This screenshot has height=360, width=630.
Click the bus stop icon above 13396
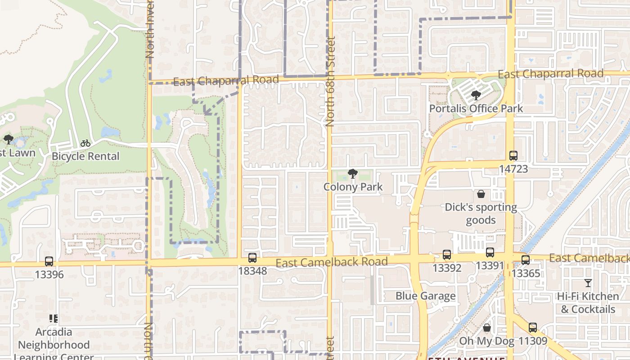tap(49, 261)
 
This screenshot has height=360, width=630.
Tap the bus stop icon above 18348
tap(252, 258)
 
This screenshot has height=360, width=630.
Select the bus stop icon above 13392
tap(447, 255)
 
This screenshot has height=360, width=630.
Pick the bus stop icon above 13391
tap(490, 252)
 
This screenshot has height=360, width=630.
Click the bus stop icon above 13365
tap(526, 260)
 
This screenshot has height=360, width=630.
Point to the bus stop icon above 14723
tap(513, 156)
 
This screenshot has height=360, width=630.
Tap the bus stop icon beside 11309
tap(533, 328)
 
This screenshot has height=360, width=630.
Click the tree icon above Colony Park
tap(353, 174)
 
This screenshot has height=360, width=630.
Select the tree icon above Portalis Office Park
tap(476, 95)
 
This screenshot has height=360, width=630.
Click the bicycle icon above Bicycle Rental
tap(85, 144)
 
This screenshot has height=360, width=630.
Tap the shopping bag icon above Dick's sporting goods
tap(481, 194)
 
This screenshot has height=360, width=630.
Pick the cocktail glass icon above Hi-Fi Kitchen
tap(588, 283)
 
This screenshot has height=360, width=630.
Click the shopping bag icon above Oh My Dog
tap(486, 328)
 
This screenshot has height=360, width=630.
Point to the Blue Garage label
tap(426, 296)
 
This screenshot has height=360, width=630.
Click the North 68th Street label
tap(331, 81)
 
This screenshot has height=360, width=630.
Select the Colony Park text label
tap(353, 187)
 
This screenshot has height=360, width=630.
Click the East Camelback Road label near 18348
tap(332, 262)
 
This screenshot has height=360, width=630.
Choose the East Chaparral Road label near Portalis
tap(550, 74)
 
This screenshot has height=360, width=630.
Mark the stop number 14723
tap(513, 169)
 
